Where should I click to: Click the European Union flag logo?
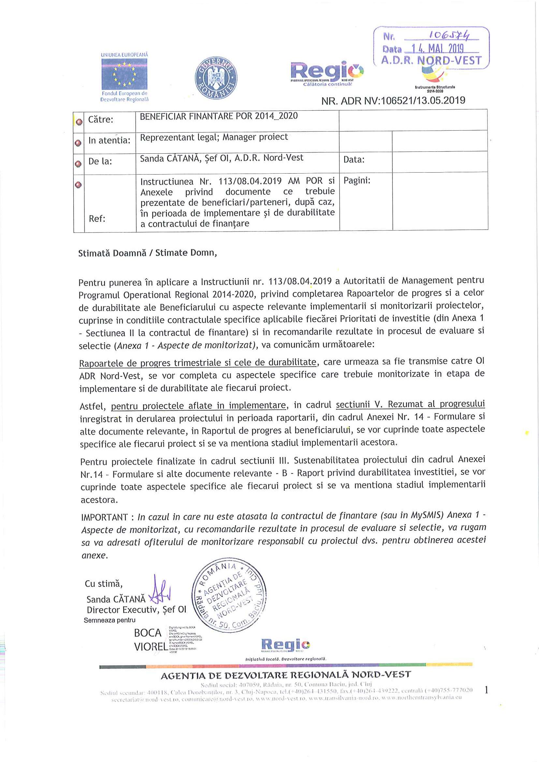coord(124,74)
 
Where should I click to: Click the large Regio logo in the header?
coord(327,71)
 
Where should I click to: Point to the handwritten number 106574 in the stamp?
coord(449,35)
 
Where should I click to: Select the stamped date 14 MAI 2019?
coord(437,49)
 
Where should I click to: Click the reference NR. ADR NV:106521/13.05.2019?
coord(393,101)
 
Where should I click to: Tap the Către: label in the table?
coord(101,120)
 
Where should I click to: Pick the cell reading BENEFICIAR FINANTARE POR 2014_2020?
coord(219,116)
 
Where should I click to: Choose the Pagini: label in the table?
coord(357,180)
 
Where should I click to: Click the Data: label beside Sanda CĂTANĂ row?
coord(354,160)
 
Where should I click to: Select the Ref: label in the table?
coord(97,219)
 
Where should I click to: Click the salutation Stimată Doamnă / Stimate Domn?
coord(147,253)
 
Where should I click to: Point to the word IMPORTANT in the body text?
coord(104,517)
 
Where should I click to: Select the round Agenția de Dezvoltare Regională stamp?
coord(229,595)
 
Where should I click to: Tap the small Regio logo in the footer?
coord(285,645)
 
